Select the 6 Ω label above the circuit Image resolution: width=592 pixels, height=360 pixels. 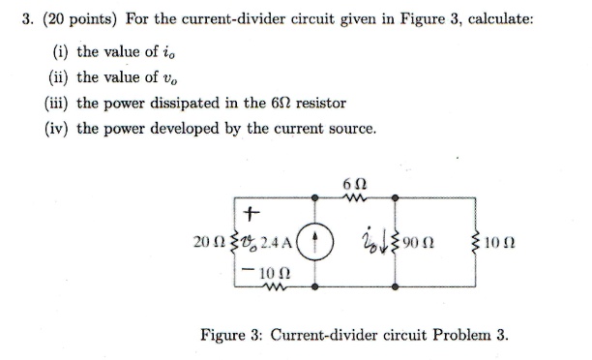point(353,185)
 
